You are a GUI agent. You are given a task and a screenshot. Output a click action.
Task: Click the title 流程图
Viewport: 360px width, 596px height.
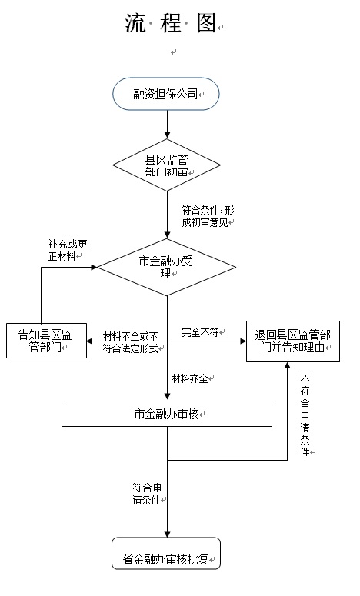coord(171,23)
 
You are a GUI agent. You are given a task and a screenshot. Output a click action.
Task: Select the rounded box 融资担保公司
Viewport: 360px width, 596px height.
coord(165,94)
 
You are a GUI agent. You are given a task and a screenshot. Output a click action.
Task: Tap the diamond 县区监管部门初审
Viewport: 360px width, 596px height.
coord(166,165)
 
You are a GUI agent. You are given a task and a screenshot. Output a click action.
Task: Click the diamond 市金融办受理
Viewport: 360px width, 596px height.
coord(166,267)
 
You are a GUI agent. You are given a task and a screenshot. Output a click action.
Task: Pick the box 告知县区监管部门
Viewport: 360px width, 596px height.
coord(46,341)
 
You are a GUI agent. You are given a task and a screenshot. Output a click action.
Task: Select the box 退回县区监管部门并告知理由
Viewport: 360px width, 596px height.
coord(293,341)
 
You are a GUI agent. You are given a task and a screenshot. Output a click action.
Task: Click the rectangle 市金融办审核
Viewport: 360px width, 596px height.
coord(167,414)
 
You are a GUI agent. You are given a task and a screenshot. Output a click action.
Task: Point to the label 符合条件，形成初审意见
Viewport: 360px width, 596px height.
coord(208,216)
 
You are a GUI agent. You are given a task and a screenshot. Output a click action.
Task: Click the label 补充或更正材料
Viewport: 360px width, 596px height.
coord(68,250)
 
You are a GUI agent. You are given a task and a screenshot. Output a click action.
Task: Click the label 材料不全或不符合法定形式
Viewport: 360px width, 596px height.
coord(131,342)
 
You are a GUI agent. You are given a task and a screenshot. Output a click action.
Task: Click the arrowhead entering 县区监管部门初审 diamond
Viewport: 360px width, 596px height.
coord(167,135)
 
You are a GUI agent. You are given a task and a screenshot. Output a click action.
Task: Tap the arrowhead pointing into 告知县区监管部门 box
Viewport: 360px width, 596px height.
coord(91,341)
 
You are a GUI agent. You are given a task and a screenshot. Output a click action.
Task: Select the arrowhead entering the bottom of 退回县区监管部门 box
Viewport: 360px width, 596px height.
coord(288,365)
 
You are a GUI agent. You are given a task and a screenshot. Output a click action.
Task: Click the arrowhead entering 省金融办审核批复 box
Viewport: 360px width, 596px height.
coord(167,534)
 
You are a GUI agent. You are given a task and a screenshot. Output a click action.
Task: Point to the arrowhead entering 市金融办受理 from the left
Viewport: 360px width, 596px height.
coord(94,267)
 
